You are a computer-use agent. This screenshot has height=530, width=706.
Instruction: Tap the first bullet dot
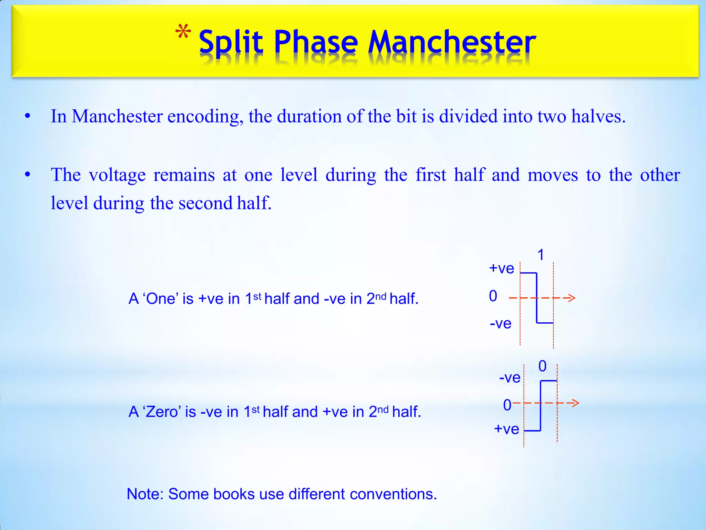pyautogui.click(x=28, y=116)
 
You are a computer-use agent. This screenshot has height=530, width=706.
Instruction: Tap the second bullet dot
pyautogui.click(x=28, y=175)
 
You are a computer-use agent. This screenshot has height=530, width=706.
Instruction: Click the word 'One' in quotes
pyautogui.click(x=161, y=299)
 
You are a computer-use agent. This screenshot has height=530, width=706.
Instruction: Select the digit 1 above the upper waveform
pyautogui.click(x=541, y=255)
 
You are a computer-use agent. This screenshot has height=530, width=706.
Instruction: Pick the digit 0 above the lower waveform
pyautogui.click(x=542, y=366)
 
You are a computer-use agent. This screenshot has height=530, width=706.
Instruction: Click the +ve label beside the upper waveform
pyautogui.click(x=502, y=268)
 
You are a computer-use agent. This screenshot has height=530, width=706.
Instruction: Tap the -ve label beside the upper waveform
pyautogui.click(x=501, y=324)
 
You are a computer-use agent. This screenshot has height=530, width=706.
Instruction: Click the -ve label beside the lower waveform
pyautogui.click(x=510, y=377)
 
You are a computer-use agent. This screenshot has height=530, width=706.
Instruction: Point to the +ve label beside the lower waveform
pyautogui.click(x=506, y=429)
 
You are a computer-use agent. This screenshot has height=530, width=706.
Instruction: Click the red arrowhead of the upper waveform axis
pyautogui.click(x=571, y=298)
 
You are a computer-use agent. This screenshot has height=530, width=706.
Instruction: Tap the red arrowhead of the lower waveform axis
pyautogui.click(x=575, y=403)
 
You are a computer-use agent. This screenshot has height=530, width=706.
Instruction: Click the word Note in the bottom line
pyautogui.click(x=145, y=494)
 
